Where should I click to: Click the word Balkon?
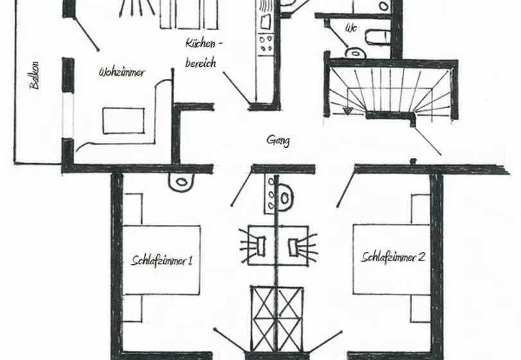[x=35, y=75]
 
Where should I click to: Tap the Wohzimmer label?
[x=122, y=72]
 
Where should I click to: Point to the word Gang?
[x=278, y=140]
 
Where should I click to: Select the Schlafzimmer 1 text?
[x=162, y=260]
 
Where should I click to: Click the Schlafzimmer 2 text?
[x=393, y=257]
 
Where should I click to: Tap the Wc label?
[x=351, y=28]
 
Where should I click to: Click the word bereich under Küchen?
[x=200, y=63]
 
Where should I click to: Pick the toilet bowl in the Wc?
[x=378, y=37]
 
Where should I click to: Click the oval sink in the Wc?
[x=355, y=53]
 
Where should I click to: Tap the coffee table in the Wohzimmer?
[x=123, y=121]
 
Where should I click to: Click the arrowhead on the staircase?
[x=348, y=111]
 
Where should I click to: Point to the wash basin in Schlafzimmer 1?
[x=181, y=182]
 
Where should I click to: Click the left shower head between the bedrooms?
[x=260, y=246]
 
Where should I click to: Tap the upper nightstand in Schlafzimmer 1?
[x=133, y=209]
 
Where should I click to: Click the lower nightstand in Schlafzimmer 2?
[x=420, y=309]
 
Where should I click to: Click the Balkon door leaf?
[x=87, y=33]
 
